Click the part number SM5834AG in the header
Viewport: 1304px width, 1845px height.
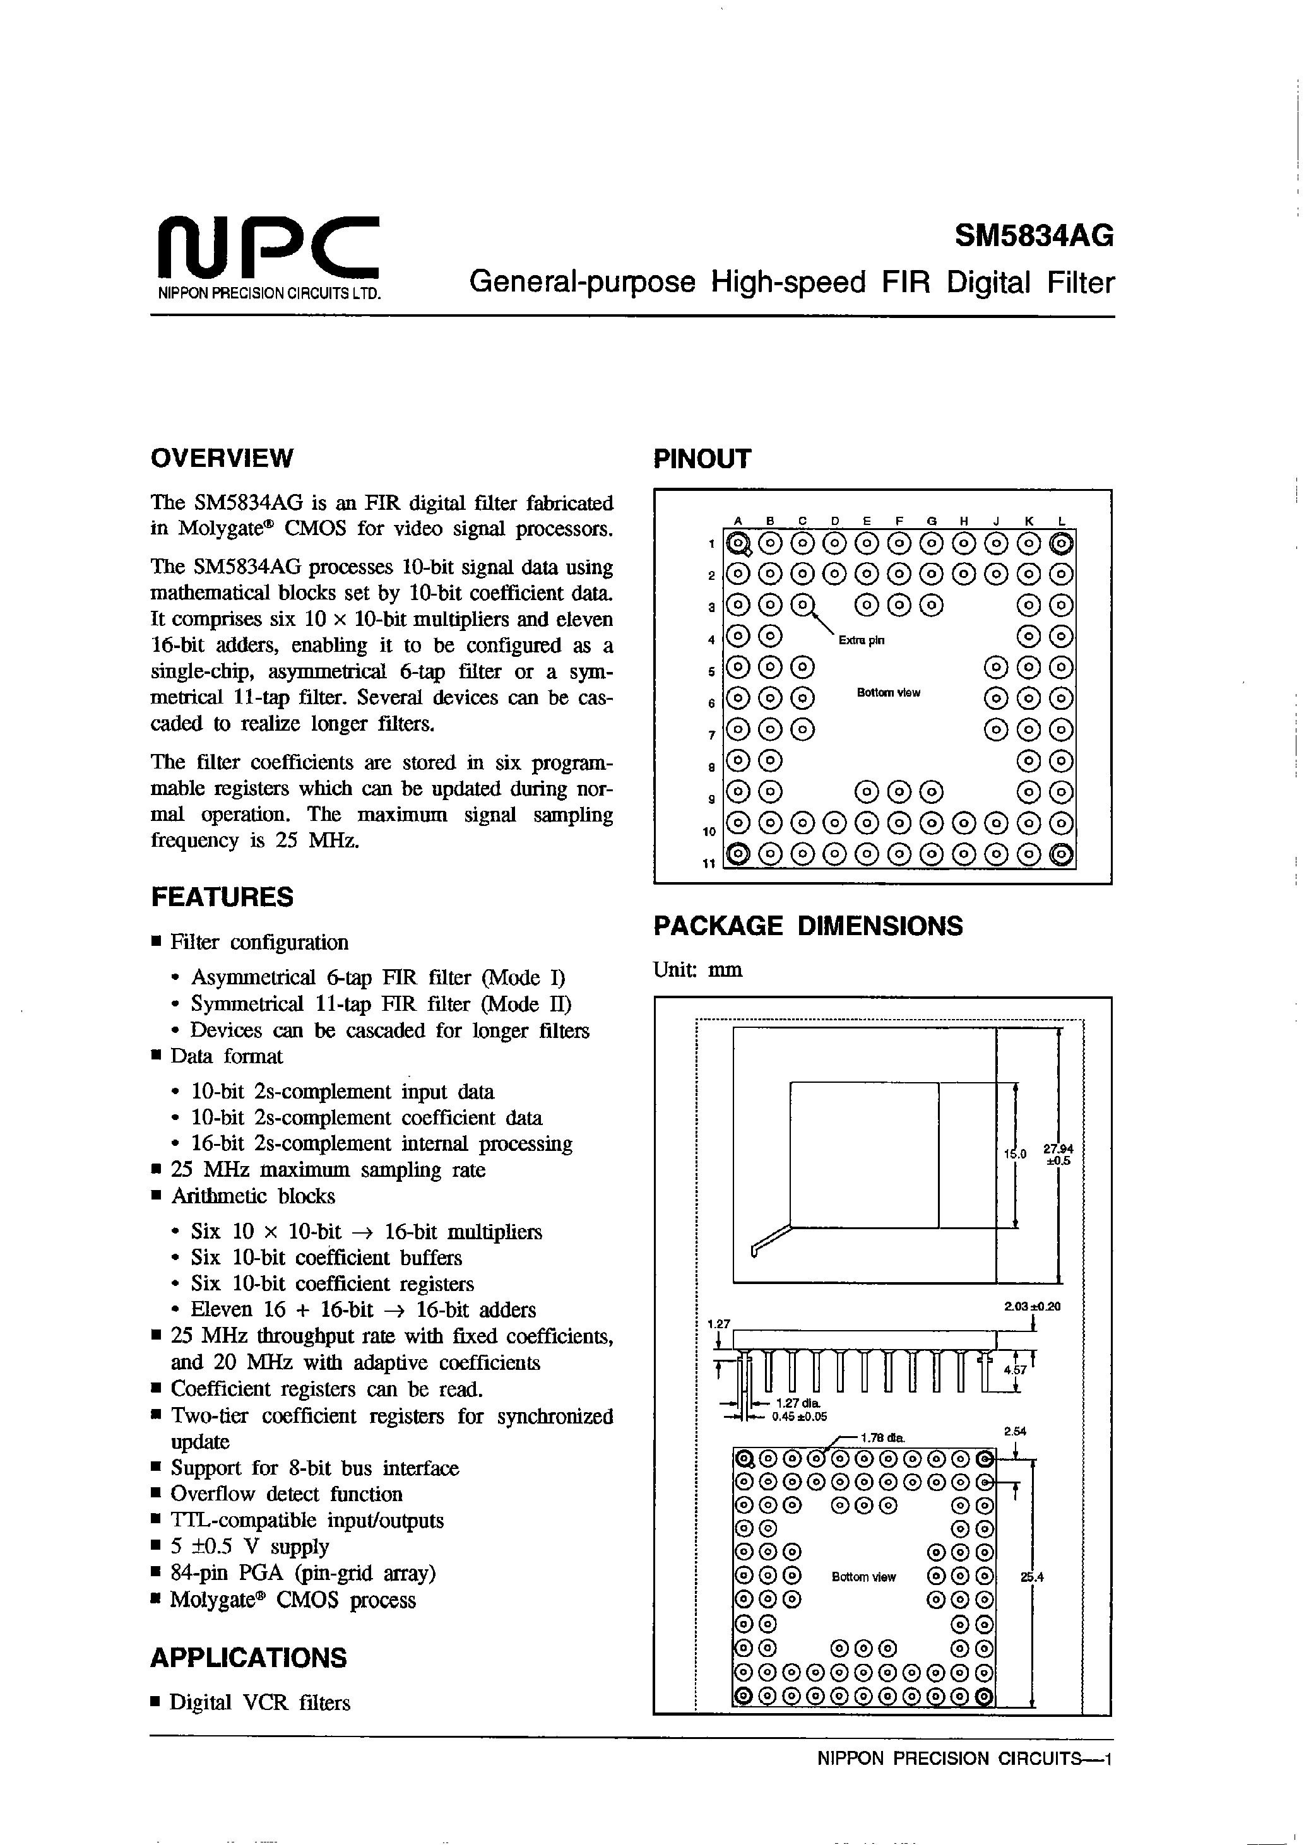click(1034, 236)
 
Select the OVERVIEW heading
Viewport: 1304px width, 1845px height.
click(222, 458)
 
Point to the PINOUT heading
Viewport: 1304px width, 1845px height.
click(702, 459)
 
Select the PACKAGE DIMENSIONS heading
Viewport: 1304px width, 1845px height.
click(807, 926)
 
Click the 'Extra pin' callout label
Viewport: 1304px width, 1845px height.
click(861, 640)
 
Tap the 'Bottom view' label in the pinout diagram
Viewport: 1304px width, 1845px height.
click(887, 693)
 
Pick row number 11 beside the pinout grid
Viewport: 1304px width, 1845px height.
click(708, 864)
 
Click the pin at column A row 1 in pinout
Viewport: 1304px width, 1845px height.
click(738, 545)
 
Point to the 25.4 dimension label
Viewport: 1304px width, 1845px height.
click(1031, 1577)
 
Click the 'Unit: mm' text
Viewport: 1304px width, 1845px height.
click(698, 970)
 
